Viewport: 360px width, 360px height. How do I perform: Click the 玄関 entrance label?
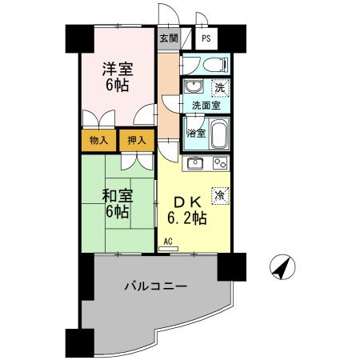pyautogui.click(x=168, y=38)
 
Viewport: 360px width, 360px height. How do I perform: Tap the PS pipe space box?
pyautogui.click(x=206, y=38)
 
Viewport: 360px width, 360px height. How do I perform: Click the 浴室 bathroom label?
pyautogui.click(x=196, y=133)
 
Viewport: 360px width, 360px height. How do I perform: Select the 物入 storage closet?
pyautogui.click(x=97, y=141)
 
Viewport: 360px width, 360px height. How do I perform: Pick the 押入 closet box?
pyautogui.click(x=136, y=141)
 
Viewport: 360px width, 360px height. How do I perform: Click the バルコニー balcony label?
pyautogui.click(x=155, y=286)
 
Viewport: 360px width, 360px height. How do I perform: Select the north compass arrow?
pyautogui.click(x=279, y=268)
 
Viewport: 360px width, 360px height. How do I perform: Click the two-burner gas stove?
pyautogui.click(x=220, y=164)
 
